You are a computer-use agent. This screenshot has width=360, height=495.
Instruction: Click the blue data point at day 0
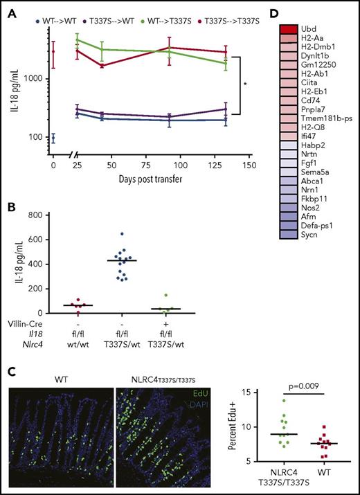53,138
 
